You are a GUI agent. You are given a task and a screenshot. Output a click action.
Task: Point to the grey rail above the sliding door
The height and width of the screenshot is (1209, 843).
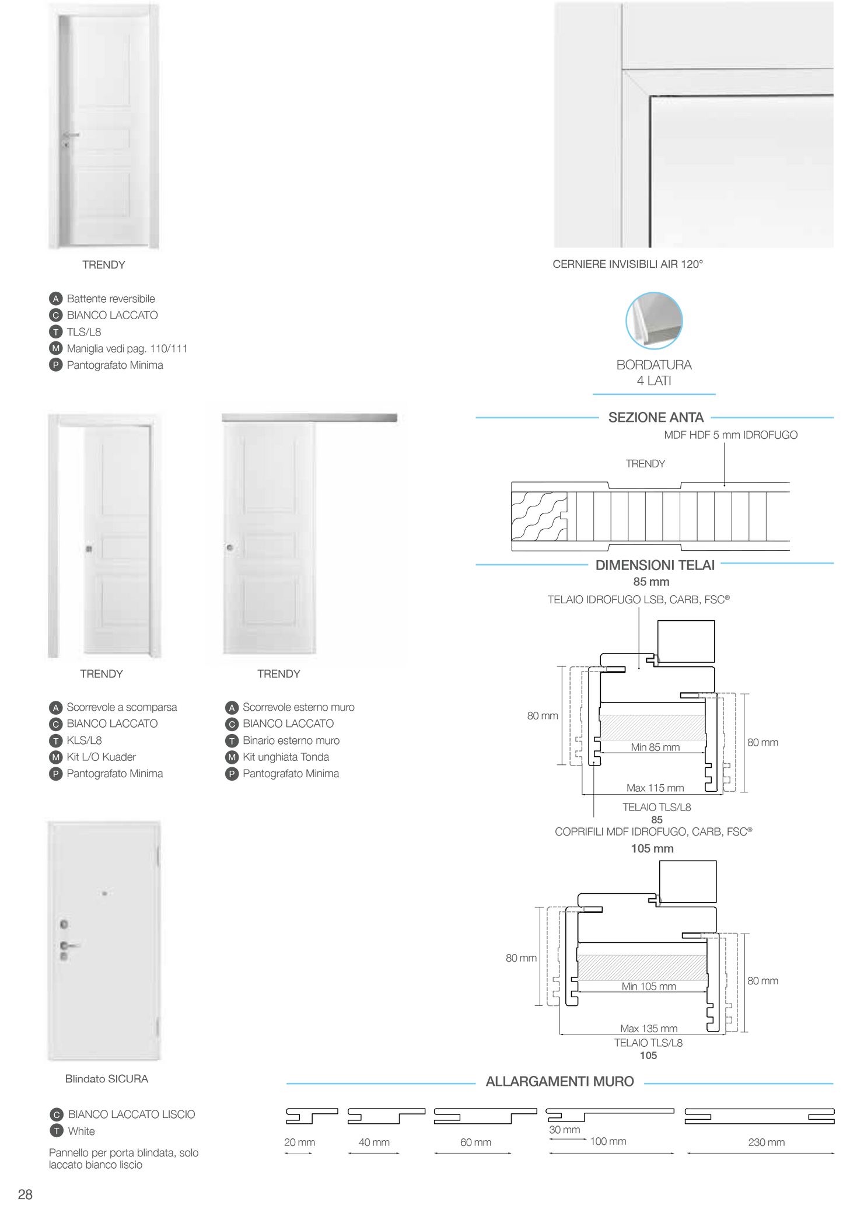click(x=309, y=418)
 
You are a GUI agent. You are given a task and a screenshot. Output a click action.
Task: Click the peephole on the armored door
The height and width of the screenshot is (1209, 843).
click(x=105, y=893)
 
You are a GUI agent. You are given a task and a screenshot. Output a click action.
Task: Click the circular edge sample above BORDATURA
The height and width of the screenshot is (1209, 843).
click(x=654, y=321)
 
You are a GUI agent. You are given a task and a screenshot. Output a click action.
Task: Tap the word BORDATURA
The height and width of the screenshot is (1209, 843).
click(x=654, y=365)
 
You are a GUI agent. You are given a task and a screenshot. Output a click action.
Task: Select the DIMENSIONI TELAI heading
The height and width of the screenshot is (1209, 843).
click(x=655, y=565)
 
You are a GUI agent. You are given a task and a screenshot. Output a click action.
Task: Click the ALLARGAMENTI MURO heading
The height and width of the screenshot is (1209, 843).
click(x=559, y=1082)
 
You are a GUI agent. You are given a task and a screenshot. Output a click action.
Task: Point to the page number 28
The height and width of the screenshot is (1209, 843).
click(x=25, y=1194)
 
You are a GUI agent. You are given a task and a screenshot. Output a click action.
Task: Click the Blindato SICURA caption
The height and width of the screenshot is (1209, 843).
click(x=107, y=1079)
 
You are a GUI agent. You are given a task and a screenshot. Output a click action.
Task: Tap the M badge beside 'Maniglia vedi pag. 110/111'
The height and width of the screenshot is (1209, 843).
click(x=55, y=348)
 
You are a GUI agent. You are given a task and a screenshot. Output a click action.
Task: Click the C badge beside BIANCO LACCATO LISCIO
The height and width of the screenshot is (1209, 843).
click(x=56, y=1114)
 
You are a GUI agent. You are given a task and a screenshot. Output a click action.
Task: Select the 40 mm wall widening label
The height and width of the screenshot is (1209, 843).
click(x=373, y=1142)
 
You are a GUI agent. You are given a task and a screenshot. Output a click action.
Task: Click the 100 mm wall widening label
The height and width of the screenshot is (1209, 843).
click(x=608, y=1141)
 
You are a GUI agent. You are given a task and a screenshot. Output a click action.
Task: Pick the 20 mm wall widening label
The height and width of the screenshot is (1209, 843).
click(x=299, y=1142)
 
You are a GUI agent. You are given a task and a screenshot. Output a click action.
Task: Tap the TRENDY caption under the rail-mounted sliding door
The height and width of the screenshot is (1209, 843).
click(x=279, y=674)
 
